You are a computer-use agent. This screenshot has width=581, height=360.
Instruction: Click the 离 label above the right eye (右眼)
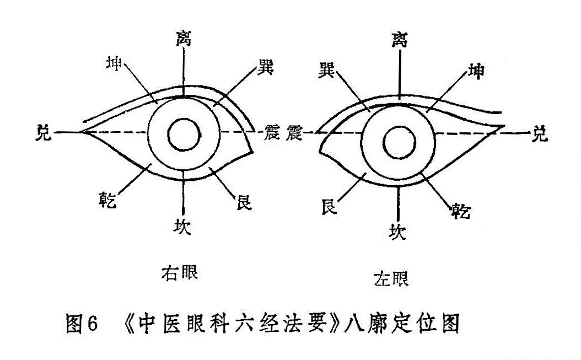tap(184, 39)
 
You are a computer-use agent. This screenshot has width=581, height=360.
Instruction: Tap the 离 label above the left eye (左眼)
tap(400, 40)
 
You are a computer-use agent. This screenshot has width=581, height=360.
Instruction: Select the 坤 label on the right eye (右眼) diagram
tap(114, 63)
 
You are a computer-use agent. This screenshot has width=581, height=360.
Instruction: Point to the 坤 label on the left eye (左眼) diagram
tap(475, 71)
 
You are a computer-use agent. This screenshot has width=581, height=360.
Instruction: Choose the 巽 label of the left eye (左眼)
tap(327, 71)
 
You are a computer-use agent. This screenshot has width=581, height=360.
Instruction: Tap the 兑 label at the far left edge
tap(44, 132)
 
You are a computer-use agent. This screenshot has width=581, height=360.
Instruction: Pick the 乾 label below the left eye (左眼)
tap(461, 211)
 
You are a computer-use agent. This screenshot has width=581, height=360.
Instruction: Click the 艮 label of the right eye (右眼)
tap(244, 202)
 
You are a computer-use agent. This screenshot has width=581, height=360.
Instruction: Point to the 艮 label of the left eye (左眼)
tap(329, 207)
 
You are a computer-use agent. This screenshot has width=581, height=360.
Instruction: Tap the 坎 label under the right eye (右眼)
tap(182, 226)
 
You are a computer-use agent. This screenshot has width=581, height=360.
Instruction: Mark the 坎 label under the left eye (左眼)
tap(397, 232)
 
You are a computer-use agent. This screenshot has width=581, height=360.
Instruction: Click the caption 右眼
tap(179, 272)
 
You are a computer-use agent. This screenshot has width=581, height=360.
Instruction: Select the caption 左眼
tap(391, 278)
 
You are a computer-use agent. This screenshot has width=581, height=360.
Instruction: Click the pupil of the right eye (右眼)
tap(184, 135)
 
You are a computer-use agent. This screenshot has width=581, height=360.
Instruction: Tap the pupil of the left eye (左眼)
tap(400, 143)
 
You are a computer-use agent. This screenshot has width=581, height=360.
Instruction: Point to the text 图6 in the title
tap(82, 323)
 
